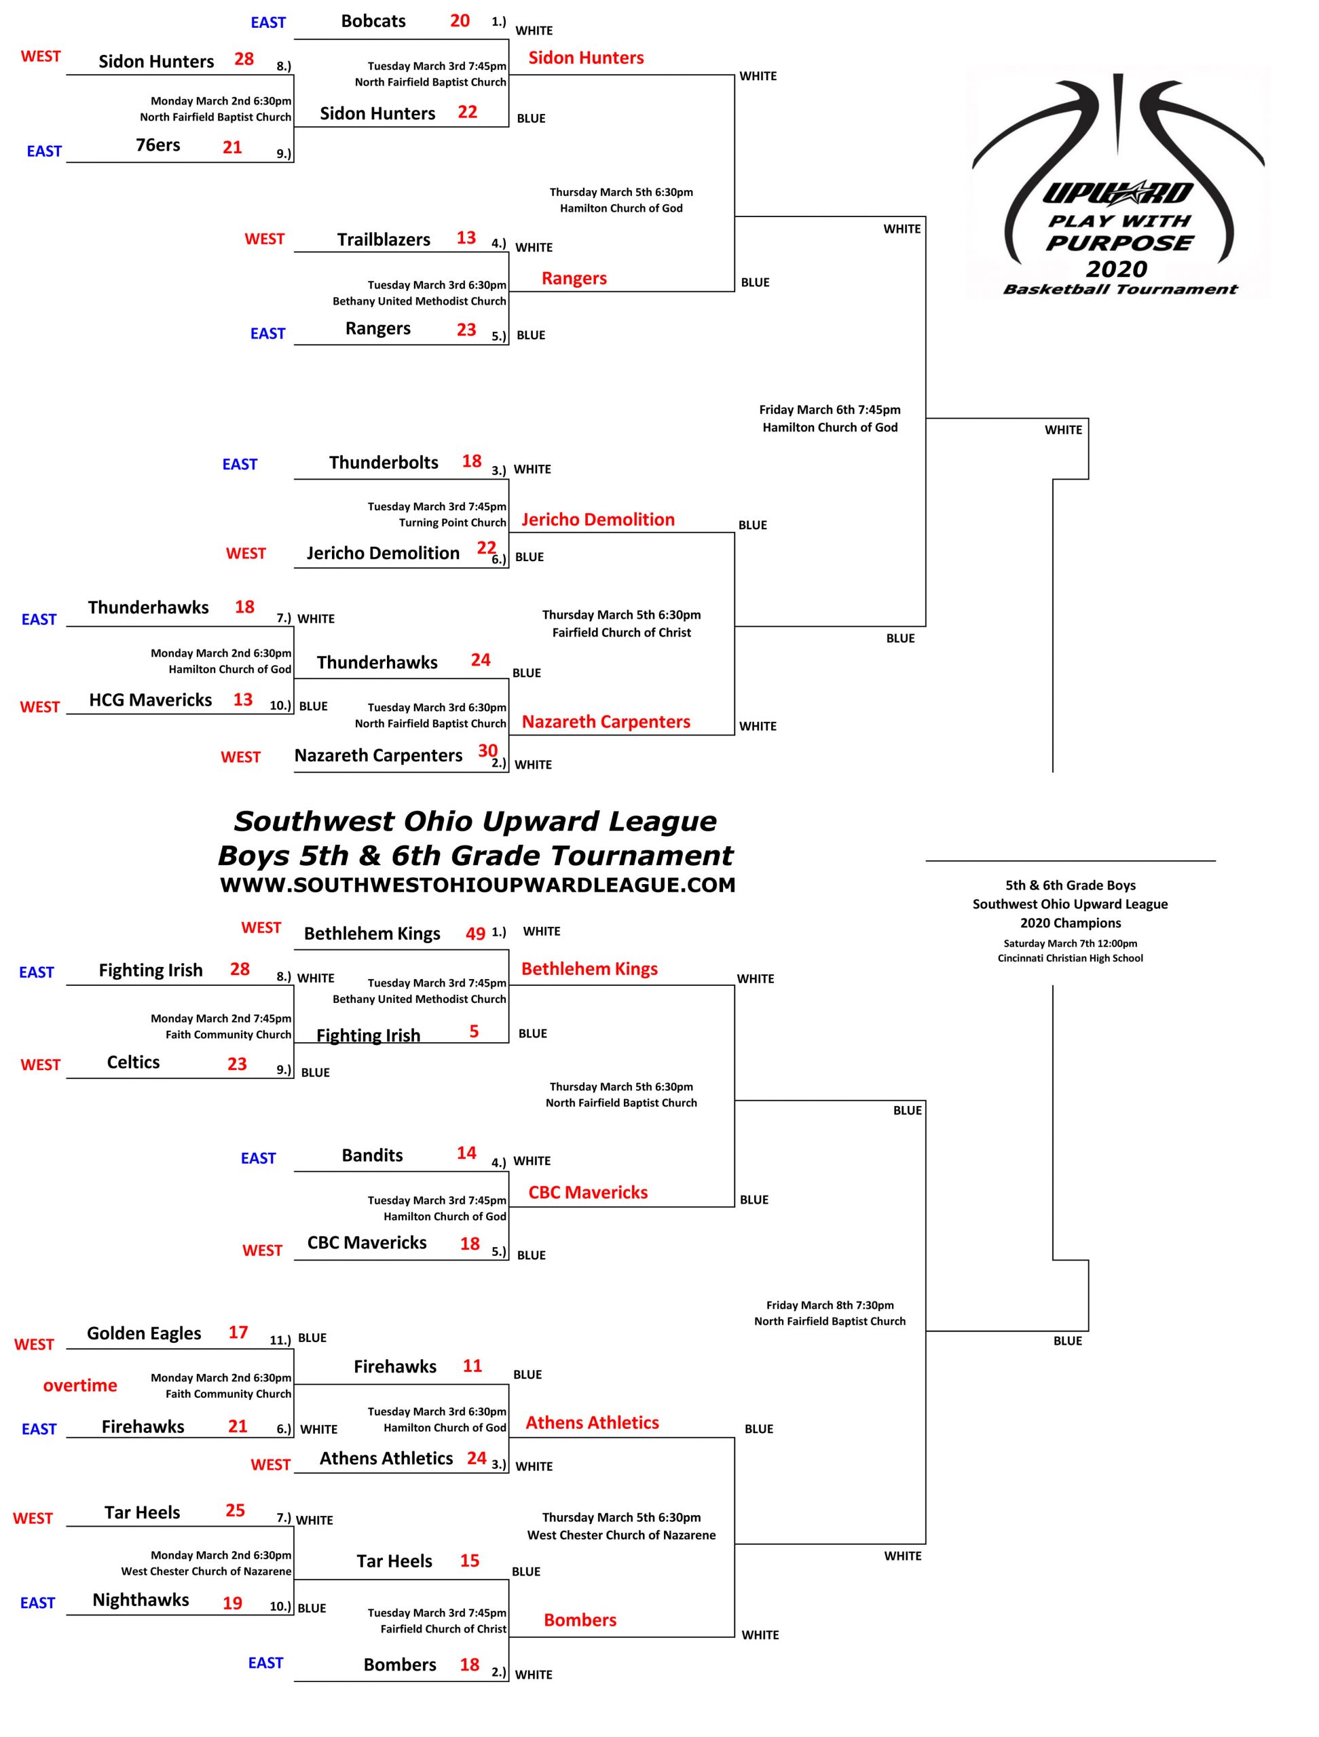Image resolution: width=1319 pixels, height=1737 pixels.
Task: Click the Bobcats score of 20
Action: click(x=460, y=20)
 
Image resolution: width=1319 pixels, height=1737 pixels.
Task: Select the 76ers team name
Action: click(x=158, y=145)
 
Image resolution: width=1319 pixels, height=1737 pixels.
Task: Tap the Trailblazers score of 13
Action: click(x=466, y=238)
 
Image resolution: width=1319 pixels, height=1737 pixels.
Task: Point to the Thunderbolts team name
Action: click(x=384, y=463)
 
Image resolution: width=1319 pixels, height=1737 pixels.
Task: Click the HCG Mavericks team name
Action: click(x=150, y=700)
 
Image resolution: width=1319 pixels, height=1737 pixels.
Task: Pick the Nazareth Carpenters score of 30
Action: click(x=488, y=750)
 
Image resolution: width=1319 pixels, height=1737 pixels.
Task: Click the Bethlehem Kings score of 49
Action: click(x=475, y=934)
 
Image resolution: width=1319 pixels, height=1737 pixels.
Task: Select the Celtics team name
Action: click(x=133, y=1063)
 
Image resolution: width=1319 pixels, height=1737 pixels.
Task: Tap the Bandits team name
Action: click(x=373, y=1155)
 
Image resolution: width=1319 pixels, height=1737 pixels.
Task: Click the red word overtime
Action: click(x=80, y=1386)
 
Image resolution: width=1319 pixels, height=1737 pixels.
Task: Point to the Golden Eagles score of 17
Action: click(x=238, y=1332)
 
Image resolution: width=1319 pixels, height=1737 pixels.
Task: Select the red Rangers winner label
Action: click(x=574, y=278)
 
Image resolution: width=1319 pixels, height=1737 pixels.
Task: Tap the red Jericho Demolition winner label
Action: click(x=598, y=519)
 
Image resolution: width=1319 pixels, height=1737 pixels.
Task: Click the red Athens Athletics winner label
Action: click(x=593, y=1422)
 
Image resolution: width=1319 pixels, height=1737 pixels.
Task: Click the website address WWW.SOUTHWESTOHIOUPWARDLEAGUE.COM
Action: click(x=478, y=885)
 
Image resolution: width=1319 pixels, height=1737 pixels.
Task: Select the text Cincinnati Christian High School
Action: click(x=1070, y=958)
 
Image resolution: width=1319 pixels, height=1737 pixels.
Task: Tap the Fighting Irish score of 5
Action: click(x=474, y=1031)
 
